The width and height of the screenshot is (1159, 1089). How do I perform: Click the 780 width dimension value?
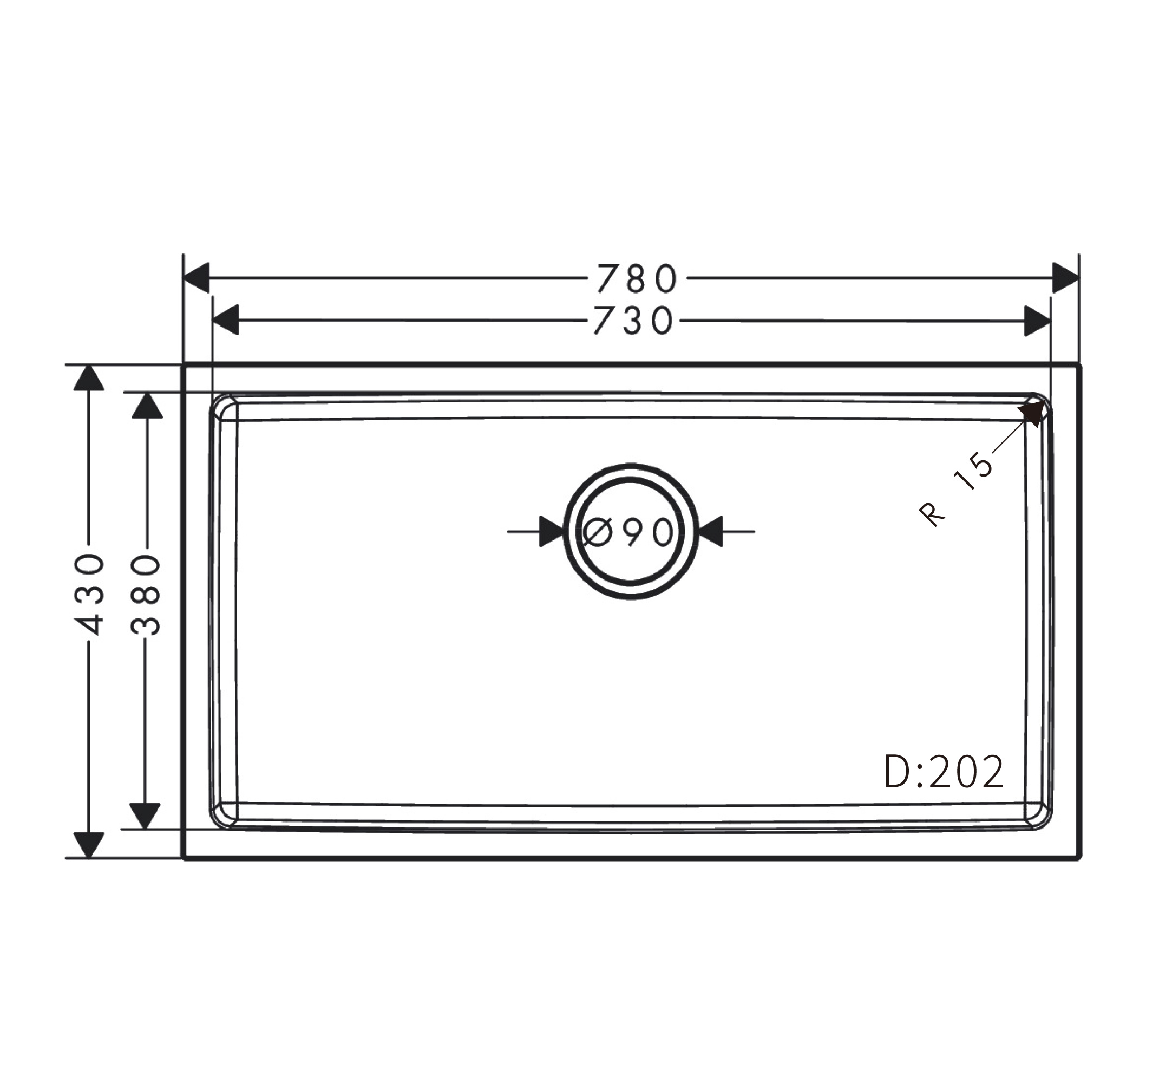[637, 278]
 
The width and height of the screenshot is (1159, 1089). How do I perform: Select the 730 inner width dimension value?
[634, 321]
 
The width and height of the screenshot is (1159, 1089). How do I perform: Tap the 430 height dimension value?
[90, 595]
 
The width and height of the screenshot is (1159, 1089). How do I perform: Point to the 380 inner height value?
[146, 595]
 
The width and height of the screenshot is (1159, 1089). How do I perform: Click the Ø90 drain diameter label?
[629, 532]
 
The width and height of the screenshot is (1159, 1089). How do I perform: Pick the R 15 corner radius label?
[956, 490]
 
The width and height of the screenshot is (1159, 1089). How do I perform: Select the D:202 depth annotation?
[945, 772]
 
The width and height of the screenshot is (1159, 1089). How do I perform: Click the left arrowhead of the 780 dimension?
[197, 278]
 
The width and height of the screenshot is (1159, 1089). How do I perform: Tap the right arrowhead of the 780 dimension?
[1066, 278]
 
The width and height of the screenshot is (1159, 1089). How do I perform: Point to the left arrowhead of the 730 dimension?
[226, 319]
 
